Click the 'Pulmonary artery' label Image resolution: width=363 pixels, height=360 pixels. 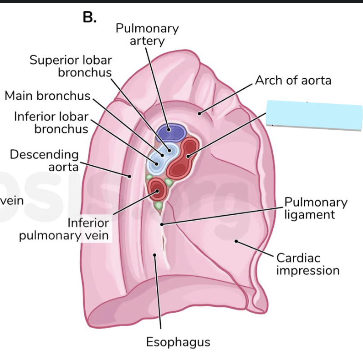tap(147, 35)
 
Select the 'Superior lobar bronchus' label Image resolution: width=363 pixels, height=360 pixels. tap(71, 66)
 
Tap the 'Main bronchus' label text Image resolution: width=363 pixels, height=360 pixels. tap(47, 96)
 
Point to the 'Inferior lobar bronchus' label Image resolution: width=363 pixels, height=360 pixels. tap(51, 122)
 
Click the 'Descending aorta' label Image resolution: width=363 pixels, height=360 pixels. tap(44, 160)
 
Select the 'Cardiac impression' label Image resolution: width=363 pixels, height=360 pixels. tap(308, 264)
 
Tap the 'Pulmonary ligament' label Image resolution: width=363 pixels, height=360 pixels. tap(316, 208)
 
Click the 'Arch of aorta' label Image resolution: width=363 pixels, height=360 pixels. tap(293, 81)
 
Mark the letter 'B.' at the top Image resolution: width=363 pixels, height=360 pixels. tap(90, 17)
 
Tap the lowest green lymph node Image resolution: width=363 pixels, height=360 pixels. tap(158, 206)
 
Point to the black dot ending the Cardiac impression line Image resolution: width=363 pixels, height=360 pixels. tap(236, 242)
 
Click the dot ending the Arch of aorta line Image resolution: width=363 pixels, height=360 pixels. tap(199, 112)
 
